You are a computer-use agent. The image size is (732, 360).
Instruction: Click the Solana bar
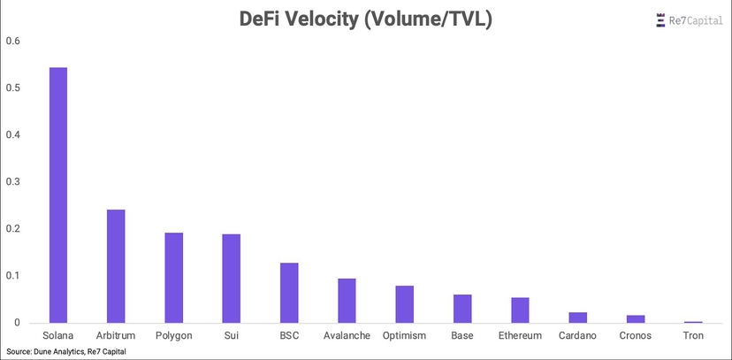coord(57,195)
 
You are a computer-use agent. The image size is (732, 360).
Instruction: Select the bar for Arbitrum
coord(116,266)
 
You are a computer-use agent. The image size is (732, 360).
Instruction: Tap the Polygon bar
coord(173,278)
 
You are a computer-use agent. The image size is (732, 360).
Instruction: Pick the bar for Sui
coord(231,279)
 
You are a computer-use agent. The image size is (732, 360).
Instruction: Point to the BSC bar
coord(289,293)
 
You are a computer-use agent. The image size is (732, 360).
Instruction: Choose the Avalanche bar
coord(347,301)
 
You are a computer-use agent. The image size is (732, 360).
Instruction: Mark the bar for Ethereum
coord(520,310)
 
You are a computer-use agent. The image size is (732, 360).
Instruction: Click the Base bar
coord(462,309)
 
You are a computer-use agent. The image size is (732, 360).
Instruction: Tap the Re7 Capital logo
coord(690,21)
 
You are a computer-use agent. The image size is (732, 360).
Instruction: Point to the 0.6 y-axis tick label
coord(13,41)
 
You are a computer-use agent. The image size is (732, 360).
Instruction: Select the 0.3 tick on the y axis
coord(13,182)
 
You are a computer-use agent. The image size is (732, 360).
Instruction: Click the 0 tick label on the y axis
coord(18,323)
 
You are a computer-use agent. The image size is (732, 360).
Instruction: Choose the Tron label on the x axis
coord(693,335)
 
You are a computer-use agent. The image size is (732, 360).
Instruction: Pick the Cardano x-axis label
coord(577,335)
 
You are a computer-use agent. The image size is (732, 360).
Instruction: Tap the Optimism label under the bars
coord(404,335)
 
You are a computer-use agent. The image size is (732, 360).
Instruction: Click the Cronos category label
coord(636,335)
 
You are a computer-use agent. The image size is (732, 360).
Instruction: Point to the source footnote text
coord(65,351)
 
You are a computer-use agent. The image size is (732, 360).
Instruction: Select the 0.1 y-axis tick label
coord(13,275)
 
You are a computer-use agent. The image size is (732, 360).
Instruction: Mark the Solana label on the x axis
coord(57,335)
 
